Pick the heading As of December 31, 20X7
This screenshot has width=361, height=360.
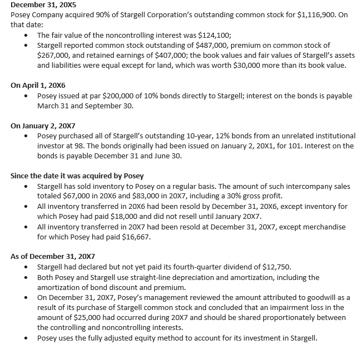coord(53,256)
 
